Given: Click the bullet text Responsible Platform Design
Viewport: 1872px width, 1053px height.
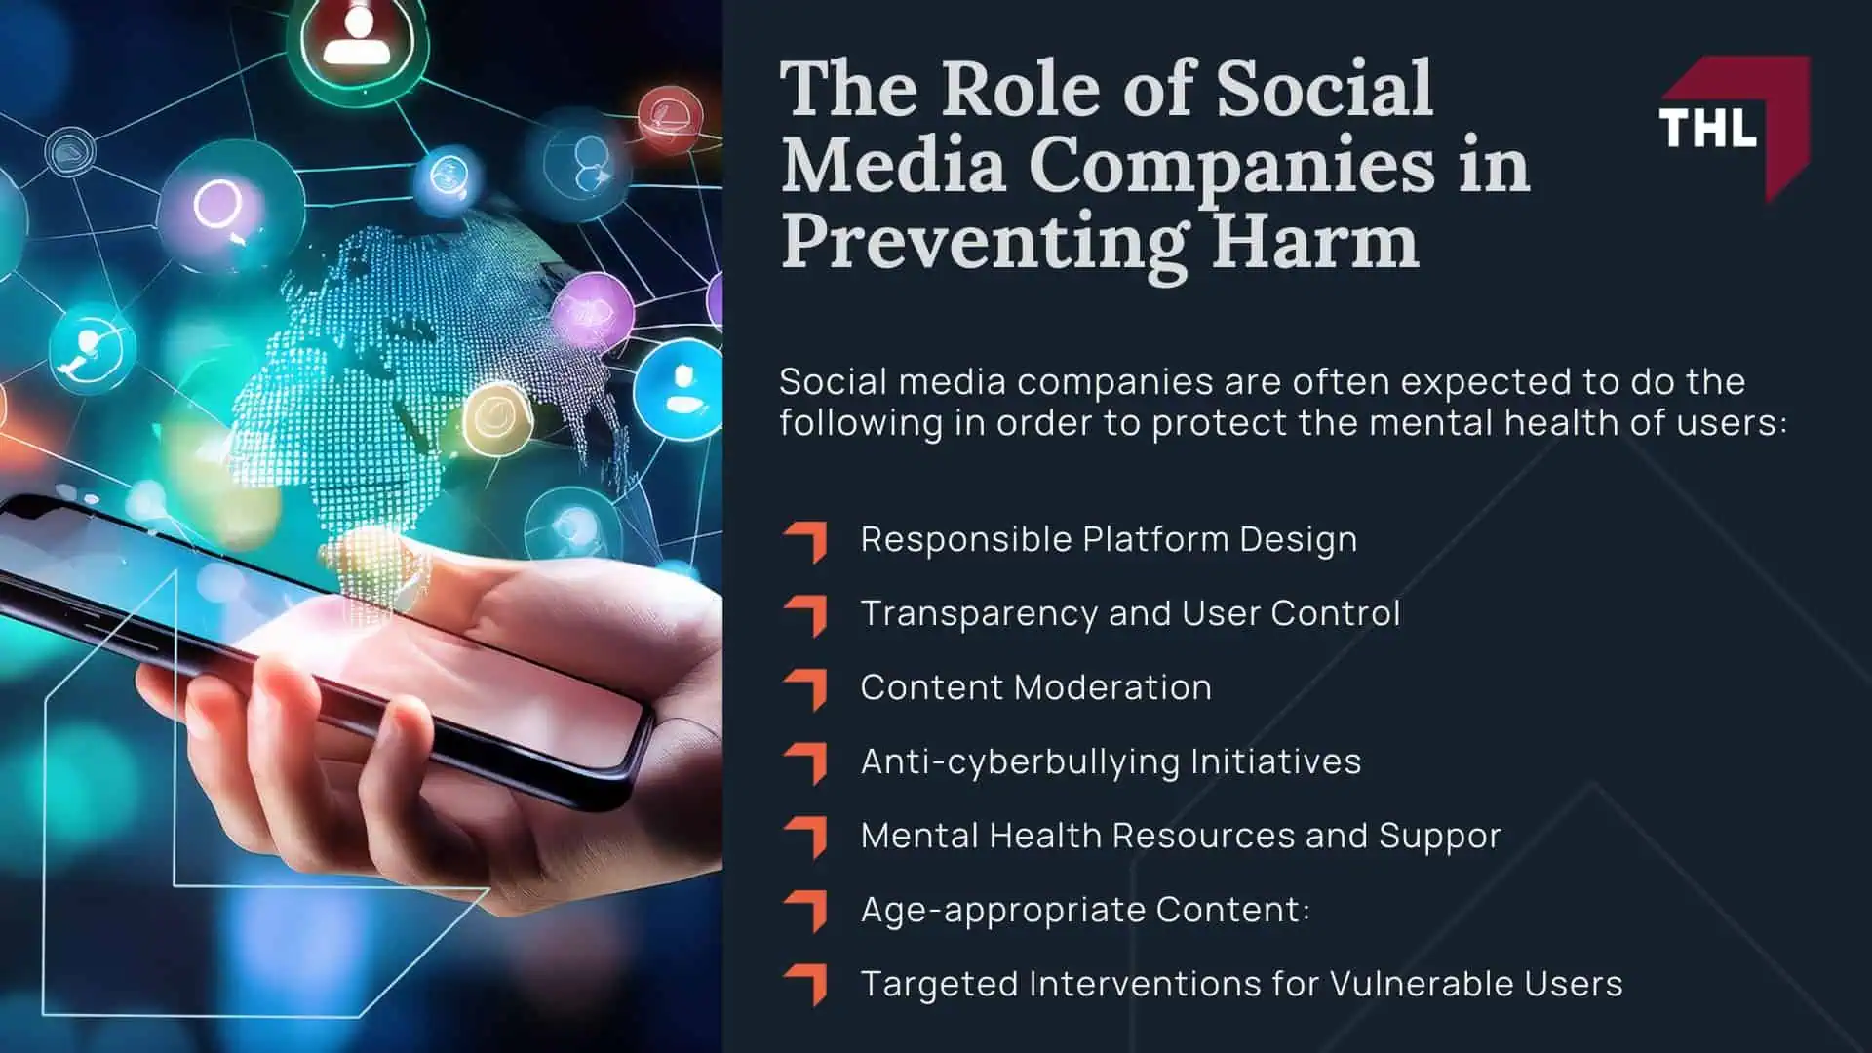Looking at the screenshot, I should pyautogui.click(x=1108, y=539).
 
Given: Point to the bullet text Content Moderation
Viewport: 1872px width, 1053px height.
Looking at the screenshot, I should pyautogui.click(x=1035, y=687).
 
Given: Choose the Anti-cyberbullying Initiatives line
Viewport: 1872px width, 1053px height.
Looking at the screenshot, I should pyautogui.click(x=1111, y=761).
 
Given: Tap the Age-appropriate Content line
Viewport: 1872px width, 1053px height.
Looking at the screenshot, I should pyautogui.click(x=1084, y=910).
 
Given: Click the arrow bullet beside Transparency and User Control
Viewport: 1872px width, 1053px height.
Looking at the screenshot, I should pyautogui.click(x=806, y=614).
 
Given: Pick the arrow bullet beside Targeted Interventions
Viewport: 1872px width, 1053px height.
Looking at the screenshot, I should pyautogui.click(x=806, y=984).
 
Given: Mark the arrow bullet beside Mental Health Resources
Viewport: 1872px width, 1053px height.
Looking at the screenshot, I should pyautogui.click(x=806, y=836).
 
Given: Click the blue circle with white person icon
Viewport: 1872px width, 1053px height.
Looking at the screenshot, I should pyautogui.click(x=680, y=387).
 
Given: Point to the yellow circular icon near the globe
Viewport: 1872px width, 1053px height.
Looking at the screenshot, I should pyautogui.click(x=498, y=417).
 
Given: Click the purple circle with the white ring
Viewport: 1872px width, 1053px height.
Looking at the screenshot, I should pyautogui.click(x=218, y=207).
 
